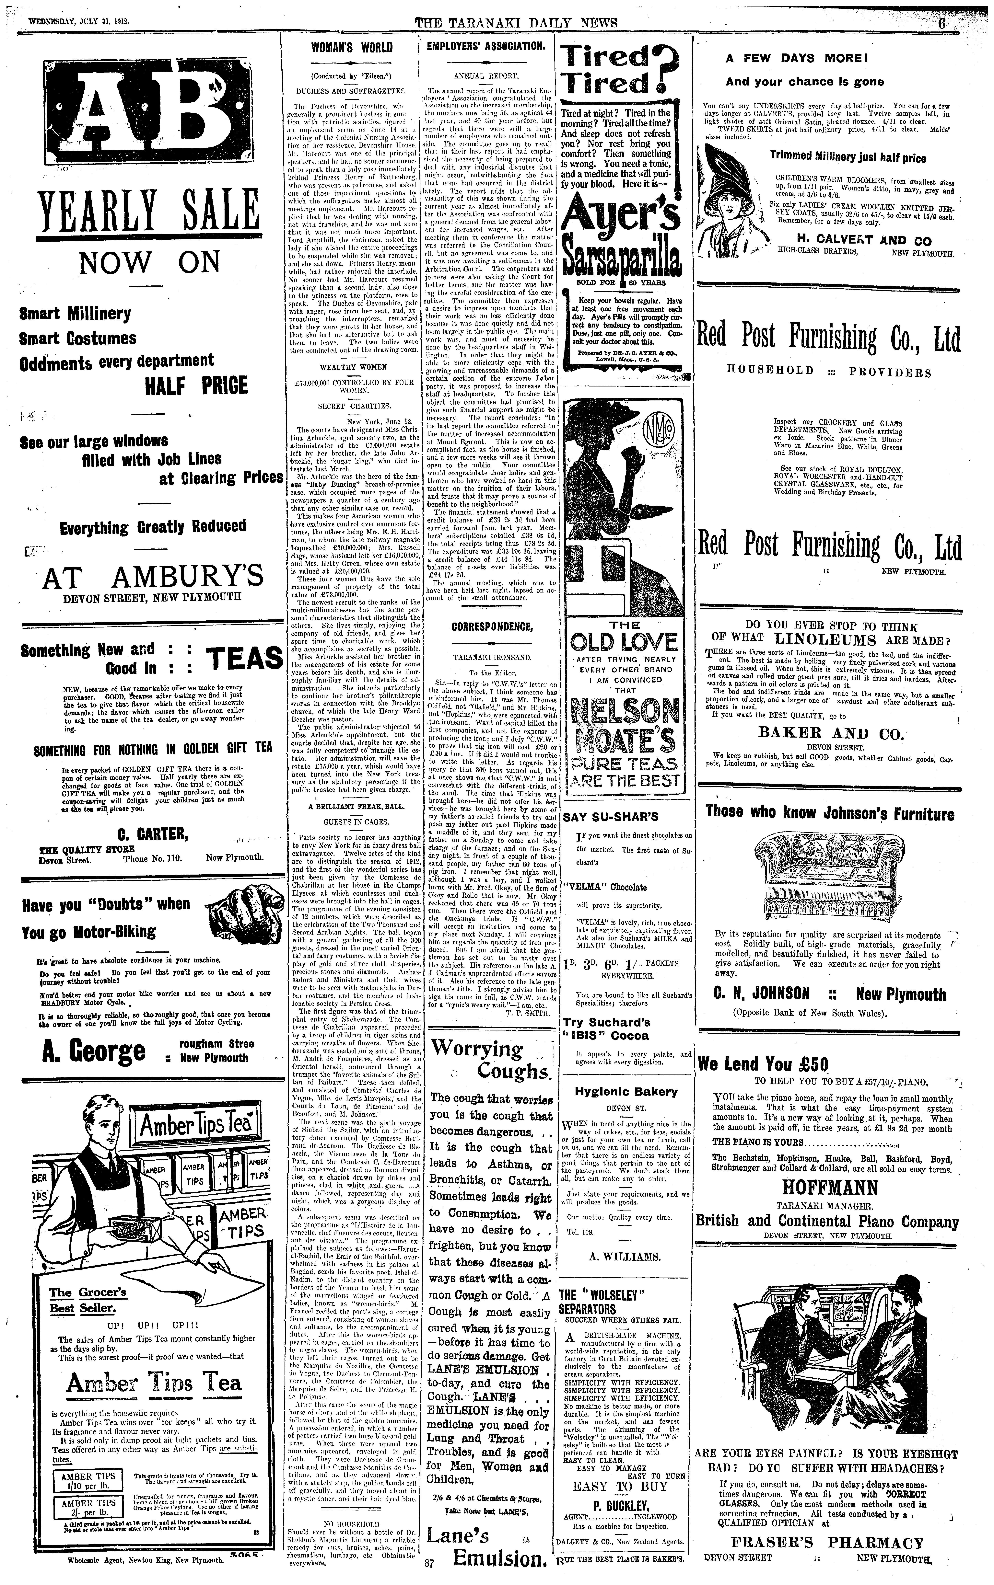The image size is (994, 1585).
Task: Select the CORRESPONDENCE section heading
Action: tap(491, 627)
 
